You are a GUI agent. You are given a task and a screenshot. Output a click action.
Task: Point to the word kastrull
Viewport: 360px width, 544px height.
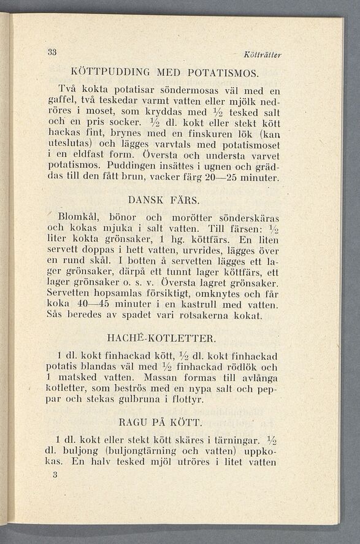pos(209,305)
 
